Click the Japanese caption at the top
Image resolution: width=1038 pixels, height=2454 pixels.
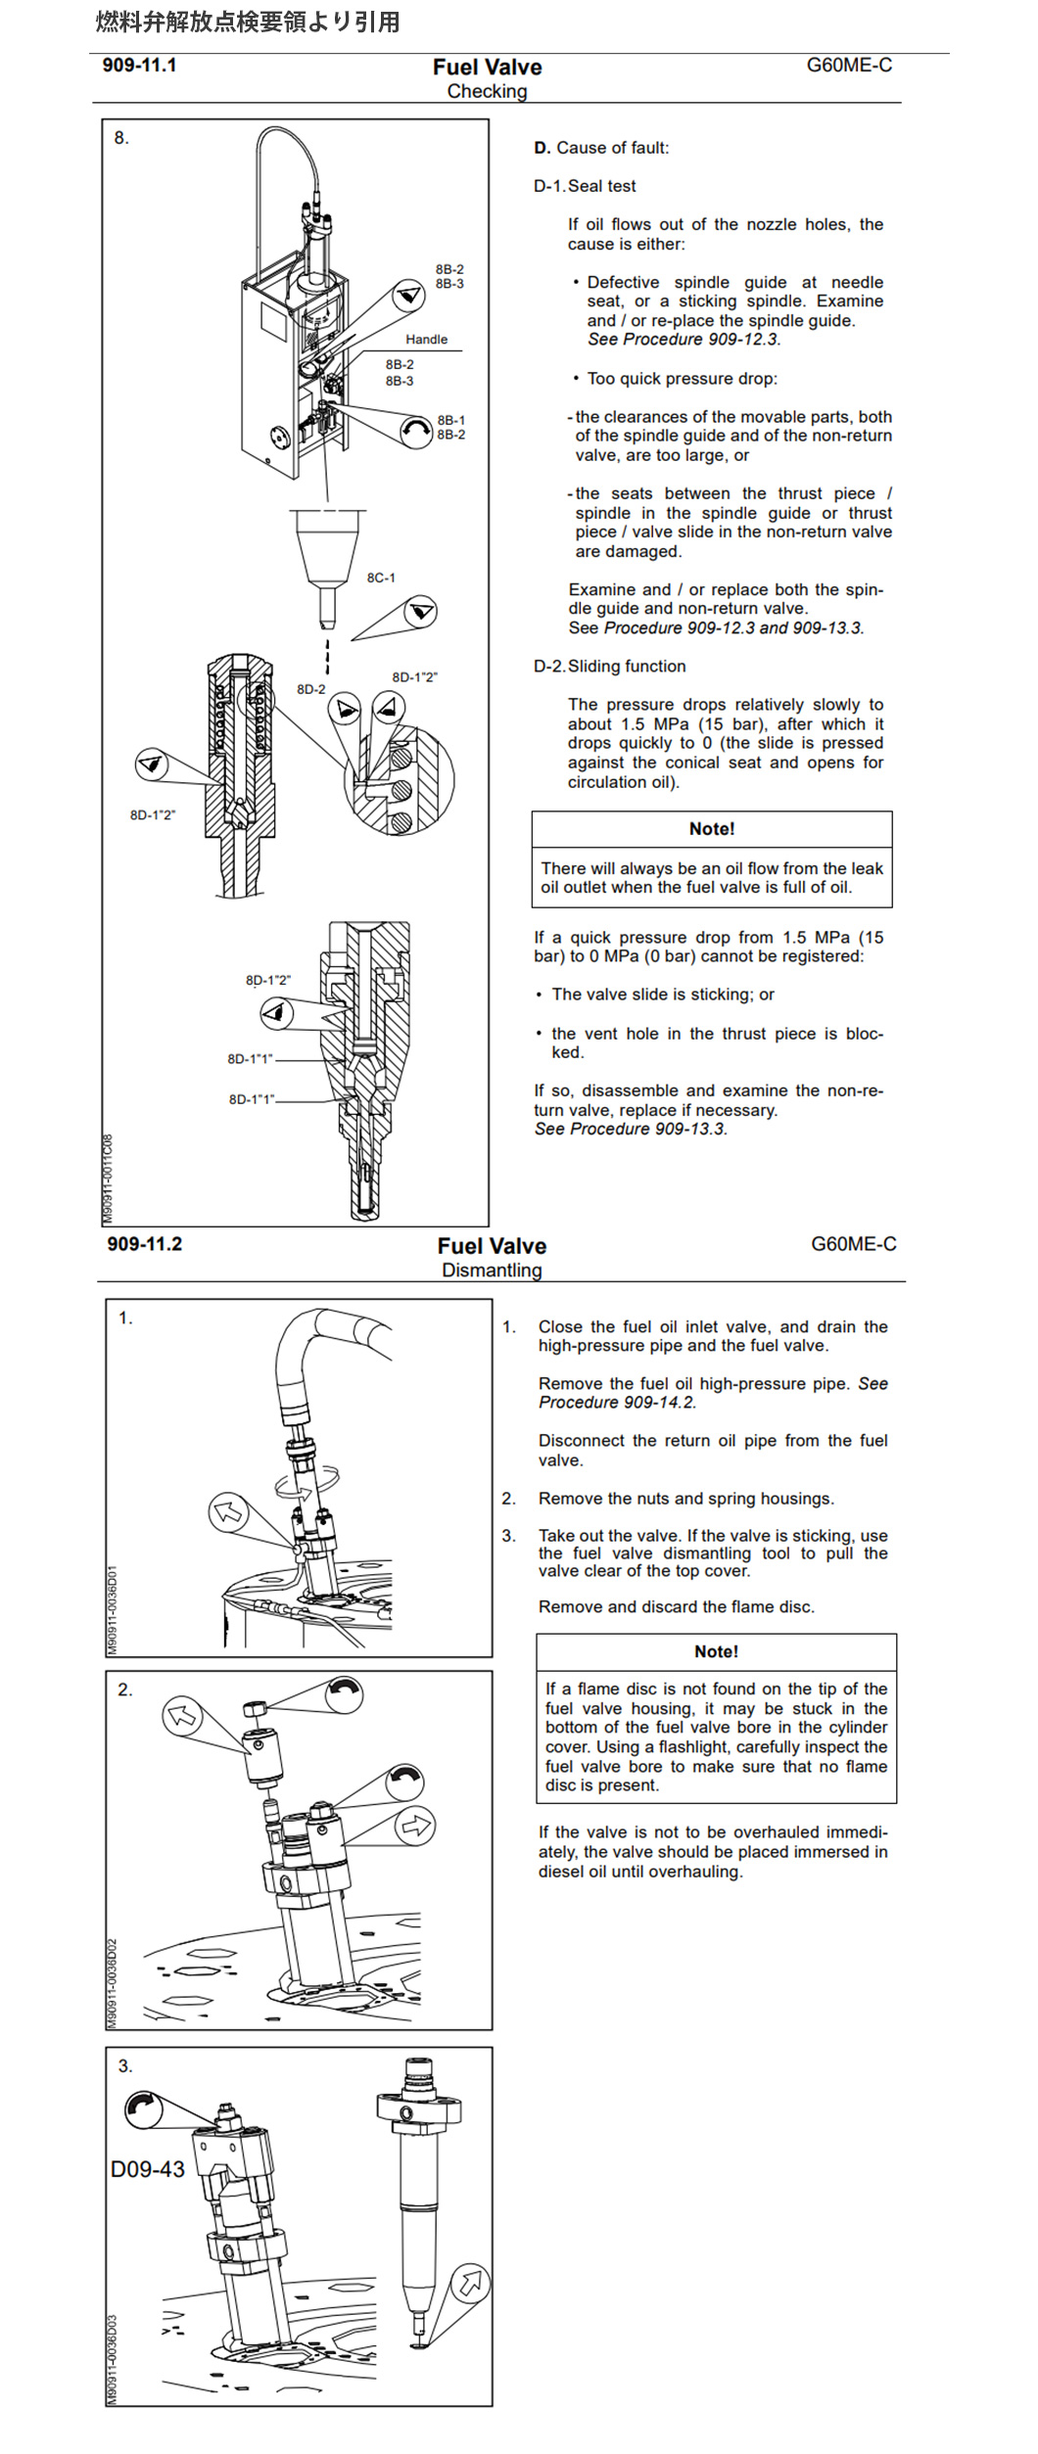click(x=247, y=22)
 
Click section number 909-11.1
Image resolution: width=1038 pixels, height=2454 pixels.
click(x=139, y=66)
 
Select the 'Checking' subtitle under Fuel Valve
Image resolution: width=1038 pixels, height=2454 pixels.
click(x=487, y=91)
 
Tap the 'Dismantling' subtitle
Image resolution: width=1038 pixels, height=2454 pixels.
click(x=491, y=1270)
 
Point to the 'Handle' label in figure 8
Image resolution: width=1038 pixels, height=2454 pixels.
click(x=426, y=340)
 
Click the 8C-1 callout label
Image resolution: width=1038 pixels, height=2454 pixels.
click(x=381, y=578)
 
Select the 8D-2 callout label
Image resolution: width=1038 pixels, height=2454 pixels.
click(x=310, y=689)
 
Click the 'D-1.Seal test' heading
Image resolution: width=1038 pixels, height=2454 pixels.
click(x=585, y=186)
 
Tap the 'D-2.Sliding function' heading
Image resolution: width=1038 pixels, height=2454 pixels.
click(x=609, y=666)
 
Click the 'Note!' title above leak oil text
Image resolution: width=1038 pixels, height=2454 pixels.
click(x=711, y=829)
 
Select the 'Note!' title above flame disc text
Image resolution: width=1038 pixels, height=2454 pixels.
click(x=716, y=1651)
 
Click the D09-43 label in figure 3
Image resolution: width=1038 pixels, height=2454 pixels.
click(x=148, y=2169)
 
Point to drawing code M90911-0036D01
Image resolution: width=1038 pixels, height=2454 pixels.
click(x=113, y=1610)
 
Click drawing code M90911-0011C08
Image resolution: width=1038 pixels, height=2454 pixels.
click(x=108, y=1179)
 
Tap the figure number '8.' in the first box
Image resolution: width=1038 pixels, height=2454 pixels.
click(x=121, y=138)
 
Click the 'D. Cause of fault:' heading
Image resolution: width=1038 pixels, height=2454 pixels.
click(x=601, y=148)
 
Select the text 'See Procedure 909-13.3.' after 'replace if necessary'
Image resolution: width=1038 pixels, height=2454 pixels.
click(x=630, y=1129)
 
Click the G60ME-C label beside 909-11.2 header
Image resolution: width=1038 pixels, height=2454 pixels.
click(x=853, y=1244)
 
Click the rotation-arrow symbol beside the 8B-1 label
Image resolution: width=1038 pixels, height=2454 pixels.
click(x=416, y=430)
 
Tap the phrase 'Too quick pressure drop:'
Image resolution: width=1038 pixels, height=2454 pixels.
click(x=682, y=379)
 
